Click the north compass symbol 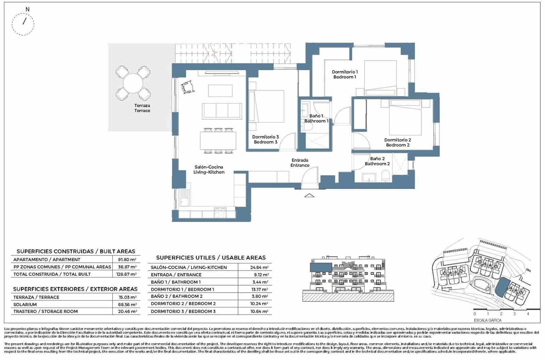pyautogui.click(x=24, y=24)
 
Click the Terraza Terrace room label pyautogui.click(x=142, y=108)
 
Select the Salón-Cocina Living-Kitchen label pyautogui.click(x=209, y=170)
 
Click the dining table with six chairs pyautogui.click(x=218, y=140)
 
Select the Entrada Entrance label pyautogui.click(x=300, y=163)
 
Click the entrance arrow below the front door pyautogui.click(x=309, y=195)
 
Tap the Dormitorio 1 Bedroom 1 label pyautogui.click(x=345, y=74)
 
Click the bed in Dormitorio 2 pyautogui.click(x=405, y=118)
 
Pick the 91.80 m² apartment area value pyautogui.click(x=127, y=260)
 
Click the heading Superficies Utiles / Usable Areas pyautogui.click(x=211, y=258)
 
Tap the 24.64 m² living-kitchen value pyautogui.click(x=259, y=267)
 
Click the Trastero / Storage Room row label pyautogui.click(x=45, y=311)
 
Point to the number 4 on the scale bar pyautogui.click(x=528, y=314)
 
